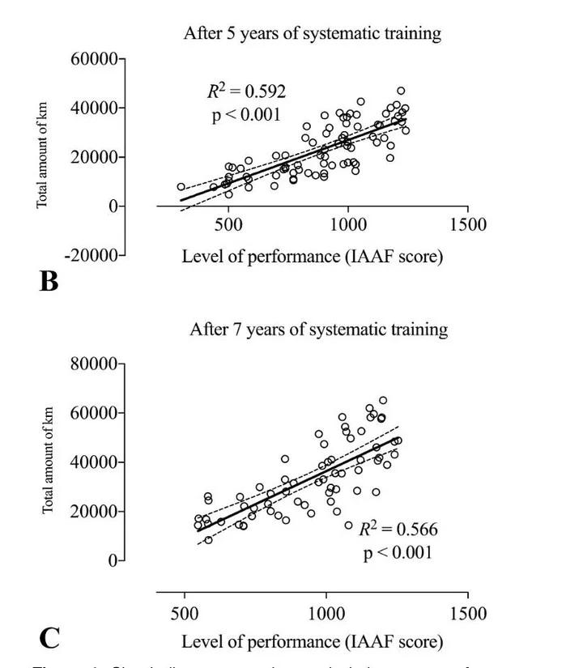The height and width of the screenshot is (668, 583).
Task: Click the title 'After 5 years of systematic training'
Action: pyautogui.click(x=312, y=33)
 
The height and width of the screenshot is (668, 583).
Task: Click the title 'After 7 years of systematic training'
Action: pyautogui.click(x=318, y=330)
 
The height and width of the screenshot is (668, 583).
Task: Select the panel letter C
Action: pyautogui.click(x=49, y=637)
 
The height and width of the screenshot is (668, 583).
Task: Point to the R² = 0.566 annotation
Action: pyautogui.click(x=398, y=530)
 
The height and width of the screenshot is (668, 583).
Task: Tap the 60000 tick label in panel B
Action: pyautogui.click(x=91, y=59)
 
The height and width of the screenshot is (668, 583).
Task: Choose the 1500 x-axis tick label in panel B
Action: pyautogui.click(x=466, y=225)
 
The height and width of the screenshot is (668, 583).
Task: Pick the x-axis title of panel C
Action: pyautogui.click(x=312, y=642)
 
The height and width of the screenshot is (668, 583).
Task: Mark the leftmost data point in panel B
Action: pyautogui.click(x=181, y=187)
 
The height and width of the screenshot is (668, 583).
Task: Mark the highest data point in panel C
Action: pyautogui.click(x=383, y=400)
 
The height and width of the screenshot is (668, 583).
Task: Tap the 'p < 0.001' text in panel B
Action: pyautogui.click(x=246, y=115)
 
